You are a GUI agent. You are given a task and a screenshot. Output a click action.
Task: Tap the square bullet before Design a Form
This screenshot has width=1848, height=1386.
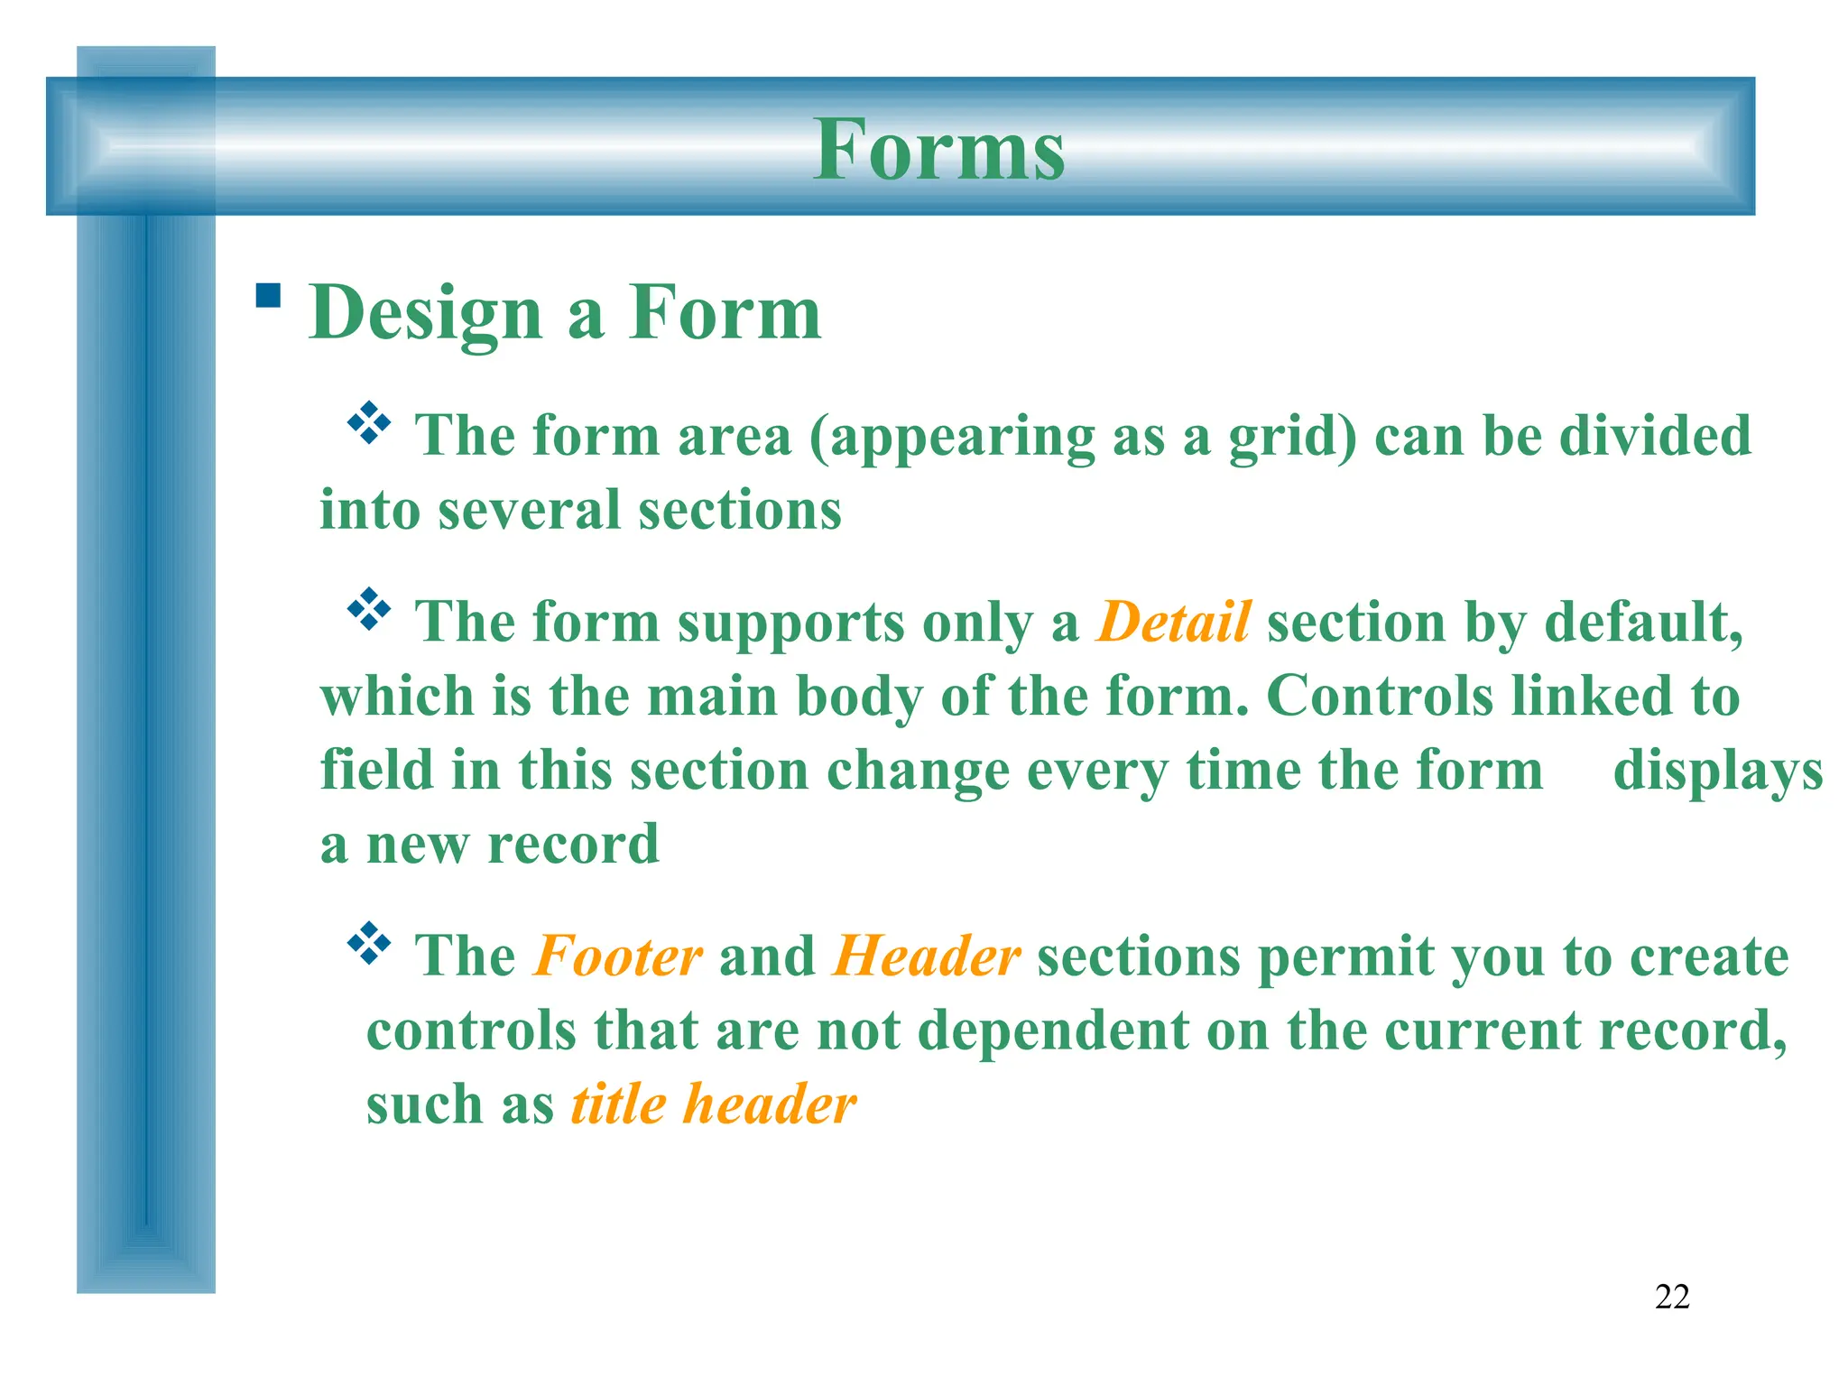pyautogui.click(x=268, y=296)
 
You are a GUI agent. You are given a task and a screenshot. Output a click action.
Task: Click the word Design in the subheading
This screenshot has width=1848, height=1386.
pyautogui.click(x=425, y=314)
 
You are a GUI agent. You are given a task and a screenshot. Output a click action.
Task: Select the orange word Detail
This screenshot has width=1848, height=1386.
pyautogui.click(x=1173, y=622)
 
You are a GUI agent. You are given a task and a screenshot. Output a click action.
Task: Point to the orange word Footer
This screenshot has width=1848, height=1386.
pyautogui.click(x=618, y=956)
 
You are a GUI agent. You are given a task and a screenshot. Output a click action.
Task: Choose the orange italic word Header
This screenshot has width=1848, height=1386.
pyautogui.click(x=927, y=956)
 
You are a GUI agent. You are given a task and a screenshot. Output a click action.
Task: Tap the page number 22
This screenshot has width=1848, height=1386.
pyautogui.click(x=1672, y=1297)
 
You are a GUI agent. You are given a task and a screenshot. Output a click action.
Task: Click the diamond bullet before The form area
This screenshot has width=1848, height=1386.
pyautogui.click(x=369, y=423)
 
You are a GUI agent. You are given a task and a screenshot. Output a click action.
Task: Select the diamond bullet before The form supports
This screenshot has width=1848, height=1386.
pyautogui.click(x=369, y=610)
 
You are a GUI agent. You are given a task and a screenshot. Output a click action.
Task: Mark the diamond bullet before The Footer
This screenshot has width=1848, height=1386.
pyautogui.click(x=369, y=944)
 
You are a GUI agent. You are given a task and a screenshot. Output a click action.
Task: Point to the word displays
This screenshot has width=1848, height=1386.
pyautogui.click(x=1718, y=772)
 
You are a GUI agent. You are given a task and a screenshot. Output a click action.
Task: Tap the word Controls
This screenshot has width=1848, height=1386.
pyautogui.click(x=1379, y=697)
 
